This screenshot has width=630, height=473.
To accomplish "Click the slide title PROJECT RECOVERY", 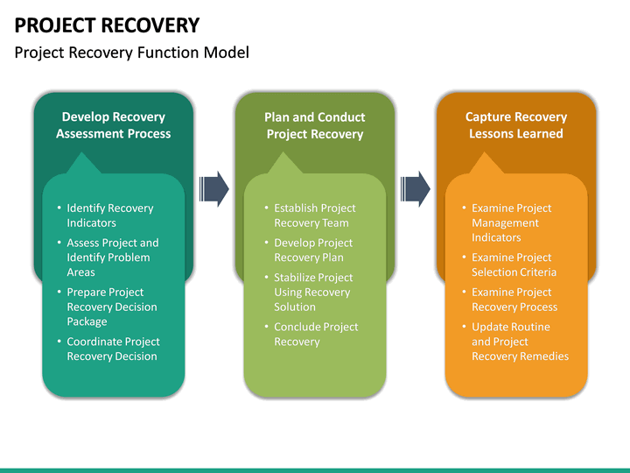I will point(107,25).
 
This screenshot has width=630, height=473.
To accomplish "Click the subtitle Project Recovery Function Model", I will point(132,53).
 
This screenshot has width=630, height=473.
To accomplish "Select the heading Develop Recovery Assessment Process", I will point(113,125).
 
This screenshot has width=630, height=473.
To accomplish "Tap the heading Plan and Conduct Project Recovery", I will point(315,125).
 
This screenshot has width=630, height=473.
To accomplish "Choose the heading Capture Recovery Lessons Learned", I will point(516,125).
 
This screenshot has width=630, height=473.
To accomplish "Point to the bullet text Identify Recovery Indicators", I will point(109,215).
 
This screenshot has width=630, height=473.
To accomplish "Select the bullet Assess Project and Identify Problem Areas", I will point(112,258).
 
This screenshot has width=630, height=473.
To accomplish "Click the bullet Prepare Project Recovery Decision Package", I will point(111,307).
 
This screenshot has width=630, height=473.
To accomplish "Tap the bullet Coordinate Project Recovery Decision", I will point(112,349).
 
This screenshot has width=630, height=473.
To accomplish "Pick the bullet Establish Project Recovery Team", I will point(314,215).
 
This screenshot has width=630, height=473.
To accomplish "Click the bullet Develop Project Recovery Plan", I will point(313,250).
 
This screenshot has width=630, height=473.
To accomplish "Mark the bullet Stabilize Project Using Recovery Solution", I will point(311,292).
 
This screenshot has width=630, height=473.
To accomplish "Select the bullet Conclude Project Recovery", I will point(315,334).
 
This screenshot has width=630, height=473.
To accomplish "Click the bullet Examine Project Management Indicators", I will point(511,222).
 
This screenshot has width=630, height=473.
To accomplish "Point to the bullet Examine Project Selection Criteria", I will point(514,265).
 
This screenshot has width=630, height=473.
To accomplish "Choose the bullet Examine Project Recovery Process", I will point(514,300).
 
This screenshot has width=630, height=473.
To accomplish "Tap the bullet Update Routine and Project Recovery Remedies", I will point(519,342).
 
